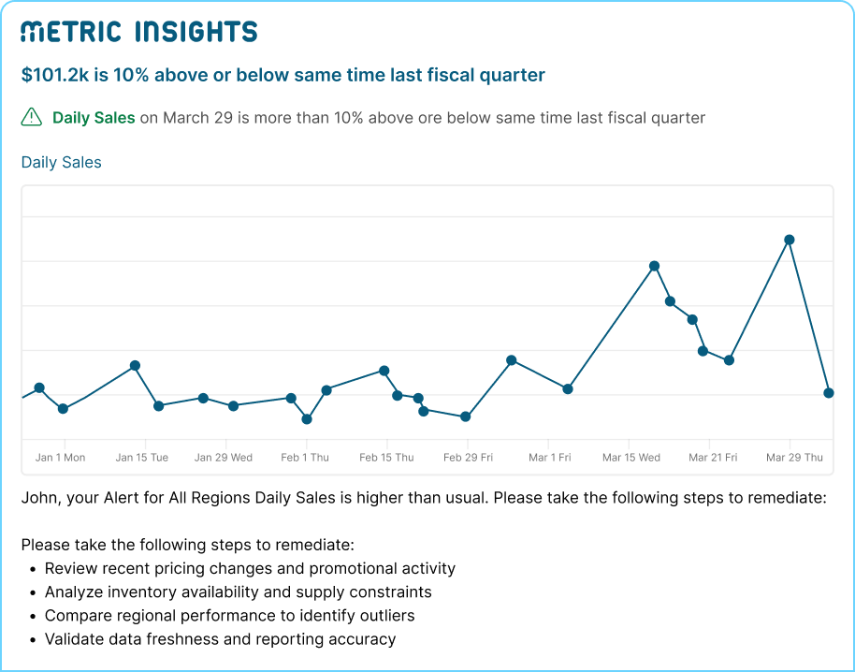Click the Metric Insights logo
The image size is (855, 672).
pyautogui.click(x=138, y=32)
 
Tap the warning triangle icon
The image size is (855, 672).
pyautogui.click(x=32, y=117)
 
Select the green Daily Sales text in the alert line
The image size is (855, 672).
pyautogui.click(x=94, y=118)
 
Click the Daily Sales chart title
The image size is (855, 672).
pyautogui.click(x=61, y=162)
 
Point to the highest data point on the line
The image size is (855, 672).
pyautogui.click(x=790, y=240)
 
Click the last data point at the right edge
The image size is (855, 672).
pyautogui.click(x=828, y=393)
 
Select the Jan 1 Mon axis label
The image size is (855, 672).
pyautogui.click(x=60, y=458)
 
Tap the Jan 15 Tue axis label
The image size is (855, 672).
pyautogui.click(x=142, y=458)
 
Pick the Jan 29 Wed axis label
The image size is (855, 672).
pyautogui.click(x=224, y=458)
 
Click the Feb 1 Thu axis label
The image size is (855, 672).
pyautogui.click(x=305, y=458)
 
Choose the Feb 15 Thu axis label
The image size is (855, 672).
pyautogui.click(x=386, y=458)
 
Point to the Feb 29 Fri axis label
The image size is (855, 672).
pyautogui.click(x=468, y=458)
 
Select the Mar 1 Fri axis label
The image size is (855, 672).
pyautogui.click(x=549, y=458)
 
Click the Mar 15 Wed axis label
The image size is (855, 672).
pyautogui.click(x=631, y=458)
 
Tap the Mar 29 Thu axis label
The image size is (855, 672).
pyautogui.click(x=794, y=458)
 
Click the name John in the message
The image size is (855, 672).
pyautogui.click(x=38, y=498)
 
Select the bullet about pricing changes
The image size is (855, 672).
pyautogui.click(x=250, y=568)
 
